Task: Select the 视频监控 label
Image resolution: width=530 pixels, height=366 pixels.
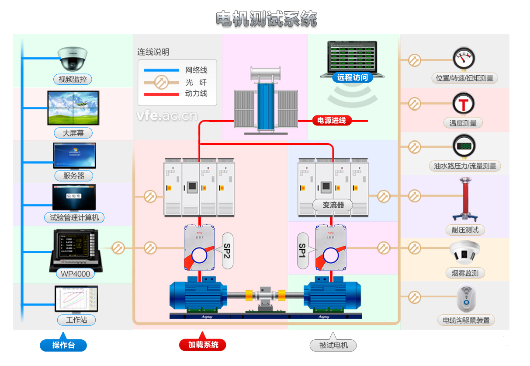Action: (x=73, y=80)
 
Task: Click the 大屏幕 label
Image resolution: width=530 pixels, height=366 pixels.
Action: (x=73, y=133)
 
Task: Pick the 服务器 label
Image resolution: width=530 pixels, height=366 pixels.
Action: (x=74, y=176)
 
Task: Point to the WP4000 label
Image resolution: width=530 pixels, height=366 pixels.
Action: (x=76, y=274)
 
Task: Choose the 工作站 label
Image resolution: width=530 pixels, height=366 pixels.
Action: (x=76, y=320)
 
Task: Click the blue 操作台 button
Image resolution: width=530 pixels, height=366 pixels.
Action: (x=63, y=345)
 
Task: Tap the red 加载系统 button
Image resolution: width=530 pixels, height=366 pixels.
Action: (x=203, y=345)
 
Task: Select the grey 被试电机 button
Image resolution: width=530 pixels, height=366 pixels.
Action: (x=333, y=345)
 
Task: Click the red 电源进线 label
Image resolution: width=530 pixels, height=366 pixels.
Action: (x=332, y=121)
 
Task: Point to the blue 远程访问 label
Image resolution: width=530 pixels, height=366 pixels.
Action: (x=352, y=78)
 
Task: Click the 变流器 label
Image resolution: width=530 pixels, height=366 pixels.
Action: (x=333, y=205)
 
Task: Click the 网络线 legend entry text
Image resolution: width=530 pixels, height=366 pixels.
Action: (x=196, y=70)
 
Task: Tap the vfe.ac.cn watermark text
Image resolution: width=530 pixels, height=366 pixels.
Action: (x=166, y=116)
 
